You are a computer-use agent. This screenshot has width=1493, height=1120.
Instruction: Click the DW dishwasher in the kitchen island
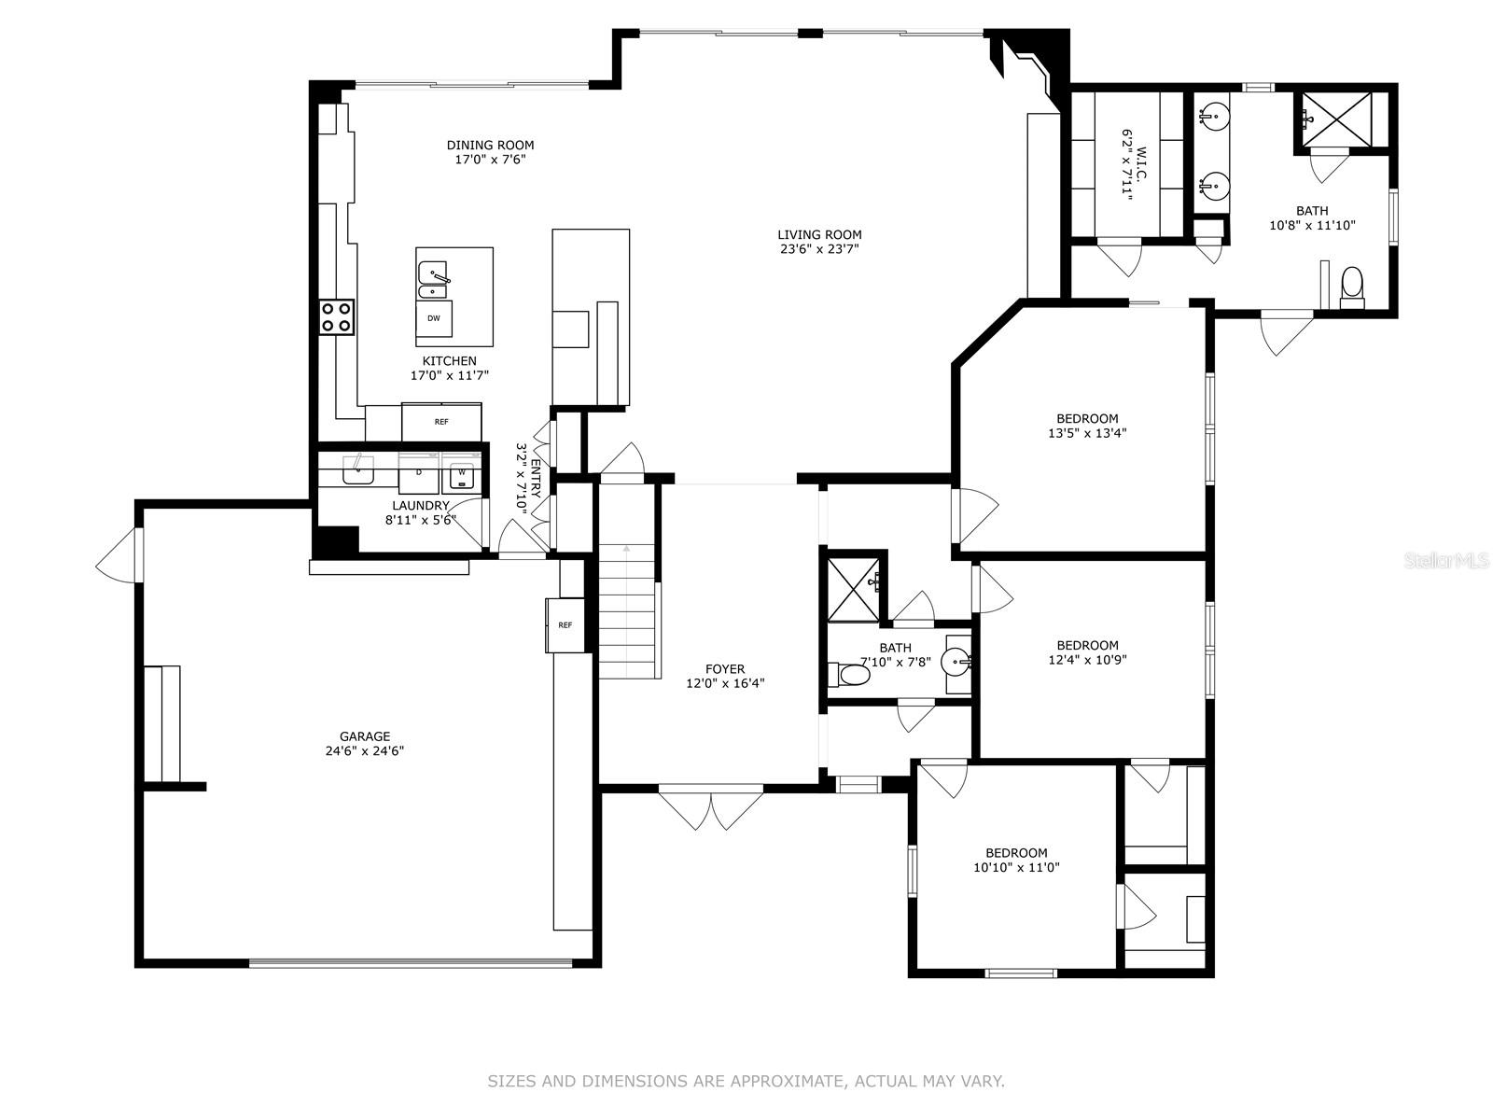click(434, 318)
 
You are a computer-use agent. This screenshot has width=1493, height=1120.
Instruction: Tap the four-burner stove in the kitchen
click(337, 317)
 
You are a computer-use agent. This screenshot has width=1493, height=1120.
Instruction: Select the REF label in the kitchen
click(441, 422)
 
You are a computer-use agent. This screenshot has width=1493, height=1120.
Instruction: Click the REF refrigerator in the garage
click(565, 625)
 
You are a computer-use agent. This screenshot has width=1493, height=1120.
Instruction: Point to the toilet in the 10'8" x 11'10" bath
click(1352, 287)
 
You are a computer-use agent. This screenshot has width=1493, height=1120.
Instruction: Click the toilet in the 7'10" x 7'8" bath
click(849, 675)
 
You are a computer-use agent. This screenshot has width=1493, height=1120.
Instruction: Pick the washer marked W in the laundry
click(462, 472)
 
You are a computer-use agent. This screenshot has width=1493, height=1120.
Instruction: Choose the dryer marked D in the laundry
click(419, 472)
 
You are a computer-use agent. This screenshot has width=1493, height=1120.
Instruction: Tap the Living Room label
click(819, 234)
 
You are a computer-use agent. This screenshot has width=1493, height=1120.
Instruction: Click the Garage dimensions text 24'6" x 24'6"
click(365, 750)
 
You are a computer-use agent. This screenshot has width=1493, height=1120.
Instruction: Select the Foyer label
click(725, 668)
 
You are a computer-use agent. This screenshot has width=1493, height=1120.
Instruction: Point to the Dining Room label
click(491, 145)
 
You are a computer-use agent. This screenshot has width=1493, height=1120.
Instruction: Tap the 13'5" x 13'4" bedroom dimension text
click(1088, 432)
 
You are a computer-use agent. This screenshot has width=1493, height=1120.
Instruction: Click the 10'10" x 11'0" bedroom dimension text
click(1017, 867)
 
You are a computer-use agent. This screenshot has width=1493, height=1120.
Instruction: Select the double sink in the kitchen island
click(433, 280)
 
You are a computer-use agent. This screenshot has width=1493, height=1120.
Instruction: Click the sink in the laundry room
click(357, 469)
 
